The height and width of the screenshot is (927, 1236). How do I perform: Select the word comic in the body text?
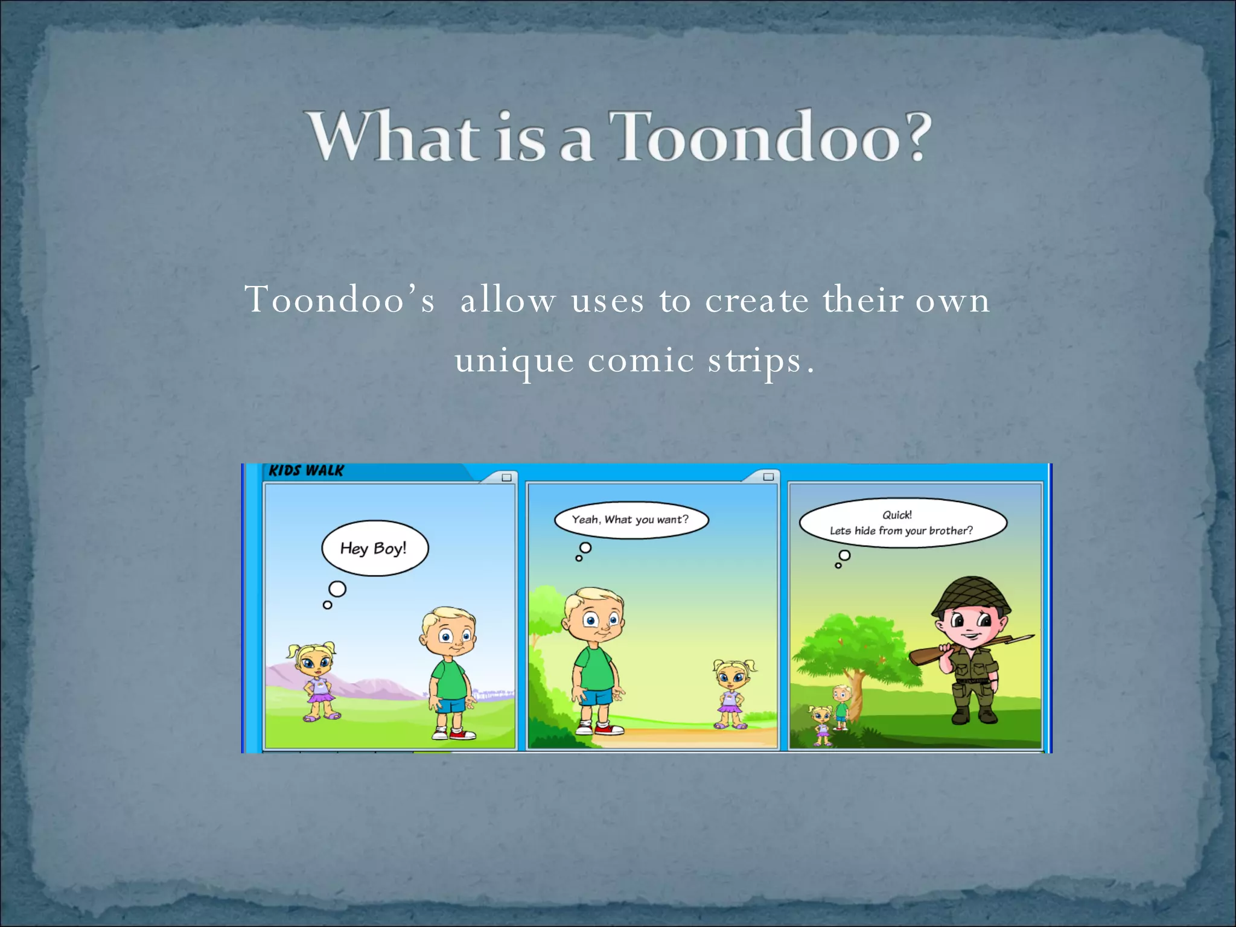tap(641, 361)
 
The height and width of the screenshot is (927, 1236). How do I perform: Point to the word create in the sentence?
tap(757, 300)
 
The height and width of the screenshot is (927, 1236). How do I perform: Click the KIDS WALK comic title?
tap(306, 471)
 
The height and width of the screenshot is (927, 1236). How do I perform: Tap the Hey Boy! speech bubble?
tap(374, 548)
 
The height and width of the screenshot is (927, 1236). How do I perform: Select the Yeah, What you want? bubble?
tap(631, 520)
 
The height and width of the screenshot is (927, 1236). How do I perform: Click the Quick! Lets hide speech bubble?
tap(902, 523)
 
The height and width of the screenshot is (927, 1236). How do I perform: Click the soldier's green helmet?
tap(970, 594)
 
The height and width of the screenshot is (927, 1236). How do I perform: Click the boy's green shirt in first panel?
tap(450, 680)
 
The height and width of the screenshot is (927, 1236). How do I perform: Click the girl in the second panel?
tap(733, 694)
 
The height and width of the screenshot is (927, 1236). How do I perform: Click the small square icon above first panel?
tap(506, 477)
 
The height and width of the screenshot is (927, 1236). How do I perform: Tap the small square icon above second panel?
tap(768, 477)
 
